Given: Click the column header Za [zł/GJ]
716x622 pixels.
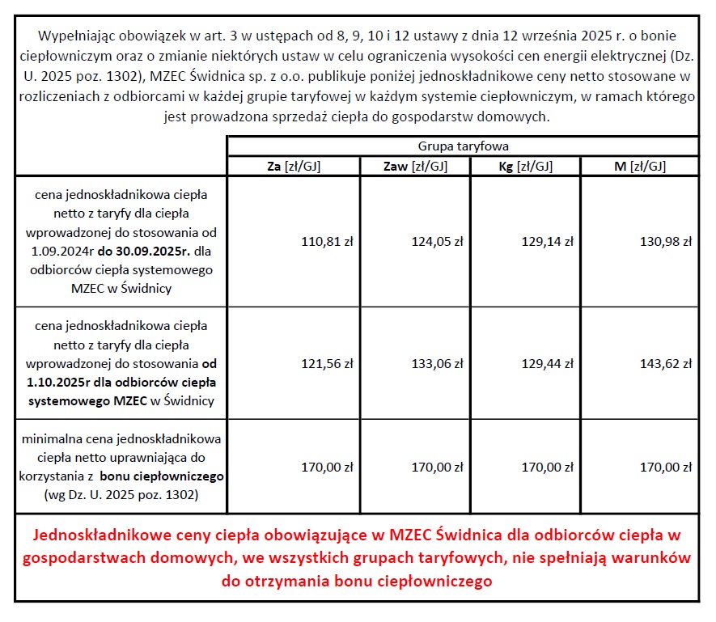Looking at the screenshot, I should point(292,166).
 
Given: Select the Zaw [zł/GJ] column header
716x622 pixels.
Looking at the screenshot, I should point(414,166).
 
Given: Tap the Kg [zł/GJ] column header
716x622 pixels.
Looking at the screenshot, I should point(525,166).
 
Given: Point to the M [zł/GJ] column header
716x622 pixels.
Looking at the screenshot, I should point(640,166).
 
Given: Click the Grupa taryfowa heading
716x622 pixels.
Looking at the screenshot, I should point(463,146).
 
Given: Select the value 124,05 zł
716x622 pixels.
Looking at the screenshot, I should point(439,241).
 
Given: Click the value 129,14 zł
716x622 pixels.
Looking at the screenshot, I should point(550,241).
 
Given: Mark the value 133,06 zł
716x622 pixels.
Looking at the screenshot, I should point(439,364).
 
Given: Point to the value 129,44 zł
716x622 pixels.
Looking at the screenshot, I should point(550,364).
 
